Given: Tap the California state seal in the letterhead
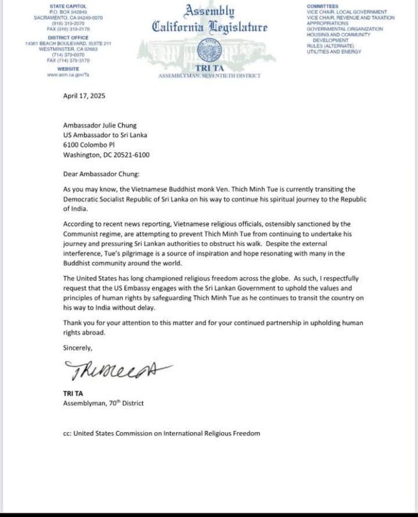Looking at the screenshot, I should pyautogui.click(x=209, y=48).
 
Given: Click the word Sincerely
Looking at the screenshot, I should pyautogui.click(x=78, y=347).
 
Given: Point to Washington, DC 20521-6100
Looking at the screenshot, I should pyautogui.click(x=106, y=154).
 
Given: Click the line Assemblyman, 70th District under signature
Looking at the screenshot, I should pyautogui.click(x=104, y=403).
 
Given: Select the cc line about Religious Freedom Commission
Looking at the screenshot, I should pyautogui.click(x=162, y=433).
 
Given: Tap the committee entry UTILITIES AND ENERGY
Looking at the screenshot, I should pyautogui.click(x=334, y=52).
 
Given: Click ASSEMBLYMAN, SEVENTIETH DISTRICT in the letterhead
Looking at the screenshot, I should pyautogui.click(x=209, y=77).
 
